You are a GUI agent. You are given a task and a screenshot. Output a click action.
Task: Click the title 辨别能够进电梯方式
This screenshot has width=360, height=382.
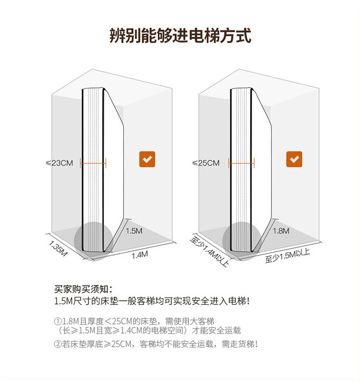(180, 35)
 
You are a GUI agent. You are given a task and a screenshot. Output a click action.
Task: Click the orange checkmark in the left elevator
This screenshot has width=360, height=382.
(147, 159)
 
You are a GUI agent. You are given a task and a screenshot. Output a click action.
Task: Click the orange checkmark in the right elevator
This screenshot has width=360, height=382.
(294, 159)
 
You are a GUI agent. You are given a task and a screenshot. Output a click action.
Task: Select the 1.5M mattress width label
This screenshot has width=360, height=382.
(134, 231)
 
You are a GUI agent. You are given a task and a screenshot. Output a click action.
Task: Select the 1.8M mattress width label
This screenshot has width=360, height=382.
(281, 231)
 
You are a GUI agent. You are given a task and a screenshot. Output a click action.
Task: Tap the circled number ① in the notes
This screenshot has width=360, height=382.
(58, 320)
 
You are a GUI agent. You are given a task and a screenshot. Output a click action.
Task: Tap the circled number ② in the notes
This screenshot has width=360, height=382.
(58, 344)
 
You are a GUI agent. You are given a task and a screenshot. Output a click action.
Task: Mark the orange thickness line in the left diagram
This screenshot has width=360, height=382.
(93, 162)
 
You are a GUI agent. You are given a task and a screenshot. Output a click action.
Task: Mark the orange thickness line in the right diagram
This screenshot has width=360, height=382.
(242, 162)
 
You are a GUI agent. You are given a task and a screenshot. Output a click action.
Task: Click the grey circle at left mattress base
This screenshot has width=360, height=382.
(93, 239)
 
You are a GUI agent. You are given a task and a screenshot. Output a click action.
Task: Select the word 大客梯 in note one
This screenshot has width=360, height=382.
(203, 320)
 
